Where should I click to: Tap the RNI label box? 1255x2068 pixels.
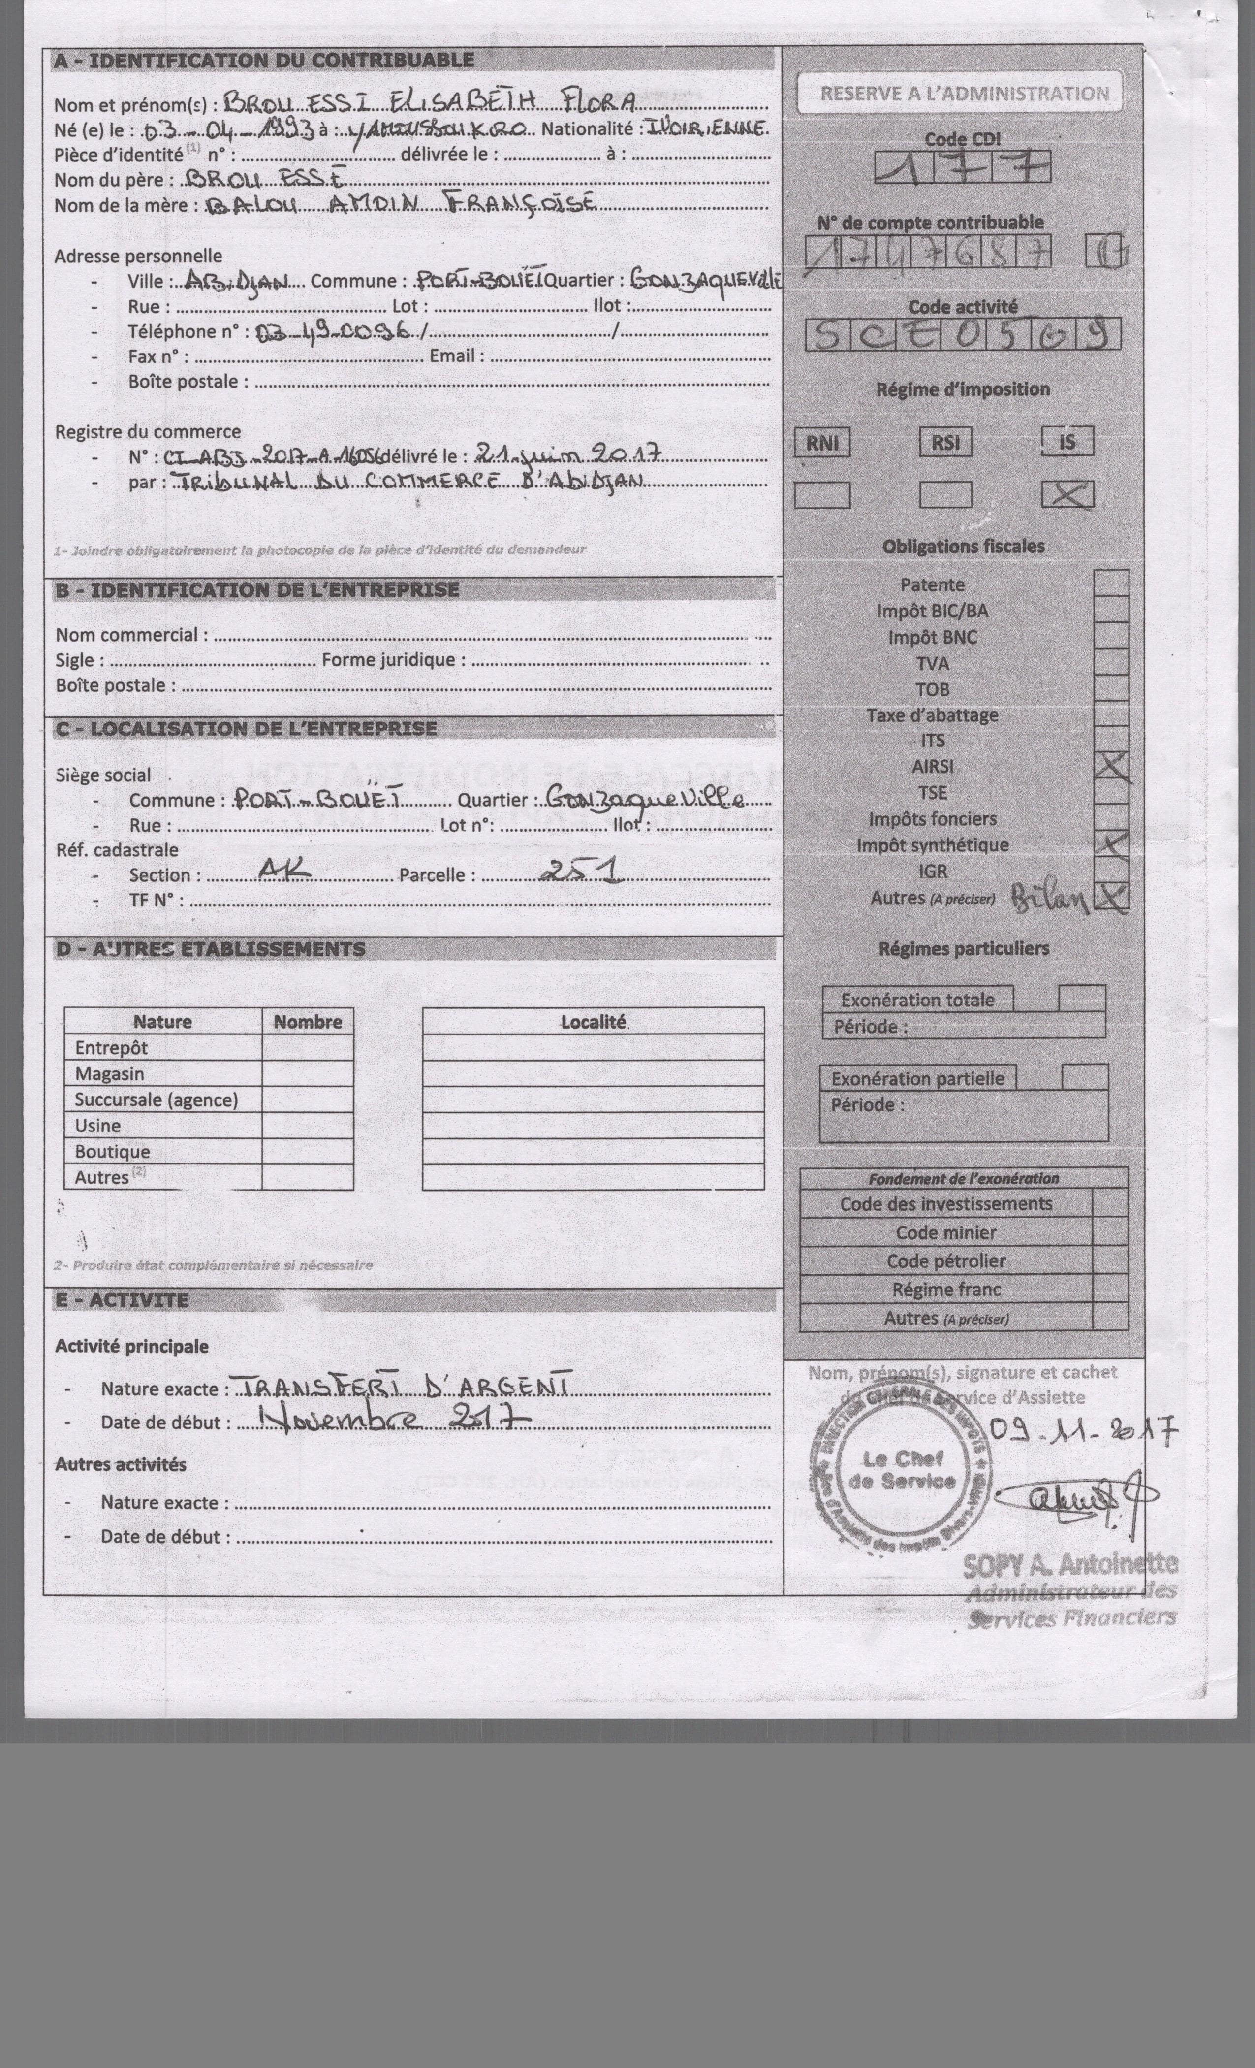[821, 442]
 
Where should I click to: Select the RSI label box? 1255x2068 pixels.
[945, 442]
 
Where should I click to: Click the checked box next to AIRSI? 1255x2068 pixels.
[1112, 766]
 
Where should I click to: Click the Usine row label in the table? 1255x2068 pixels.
[98, 1126]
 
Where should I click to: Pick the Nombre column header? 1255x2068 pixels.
[308, 1021]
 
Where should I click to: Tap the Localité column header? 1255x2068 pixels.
[593, 1021]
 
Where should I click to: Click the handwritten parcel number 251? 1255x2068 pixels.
[581, 873]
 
